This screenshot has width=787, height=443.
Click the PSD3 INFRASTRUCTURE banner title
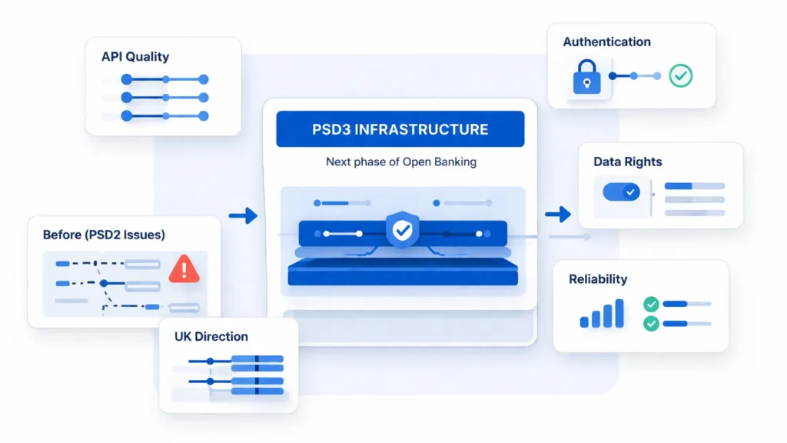pyautogui.click(x=400, y=129)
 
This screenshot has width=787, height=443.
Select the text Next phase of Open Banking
pyautogui.click(x=400, y=162)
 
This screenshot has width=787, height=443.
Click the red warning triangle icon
pyautogui.click(x=184, y=268)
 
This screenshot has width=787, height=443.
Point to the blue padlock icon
pyautogui.click(x=587, y=78)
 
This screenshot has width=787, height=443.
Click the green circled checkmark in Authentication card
pyautogui.click(x=680, y=75)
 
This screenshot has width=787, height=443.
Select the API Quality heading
pyautogui.click(x=135, y=56)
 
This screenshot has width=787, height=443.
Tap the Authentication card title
pyautogui.click(x=606, y=42)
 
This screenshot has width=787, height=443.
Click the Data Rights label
pyautogui.click(x=627, y=162)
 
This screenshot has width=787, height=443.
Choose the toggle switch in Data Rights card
pyautogui.click(x=622, y=192)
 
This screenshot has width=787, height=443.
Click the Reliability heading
pyautogui.click(x=598, y=279)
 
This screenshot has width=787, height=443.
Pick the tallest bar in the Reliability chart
pyautogui.click(x=619, y=314)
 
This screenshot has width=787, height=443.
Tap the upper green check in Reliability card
pyautogui.click(x=651, y=305)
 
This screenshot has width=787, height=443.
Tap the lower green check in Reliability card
pyautogui.click(x=651, y=324)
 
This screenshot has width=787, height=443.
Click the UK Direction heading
pyautogui.click(x=211, y=336)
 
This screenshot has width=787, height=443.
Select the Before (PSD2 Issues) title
pyautogui.click(x=104, y=235)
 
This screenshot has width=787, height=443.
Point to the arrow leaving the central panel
pyautogui.click(x=558, y=215)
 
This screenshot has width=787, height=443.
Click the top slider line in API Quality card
pyautogui.click(x=165, y=79)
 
